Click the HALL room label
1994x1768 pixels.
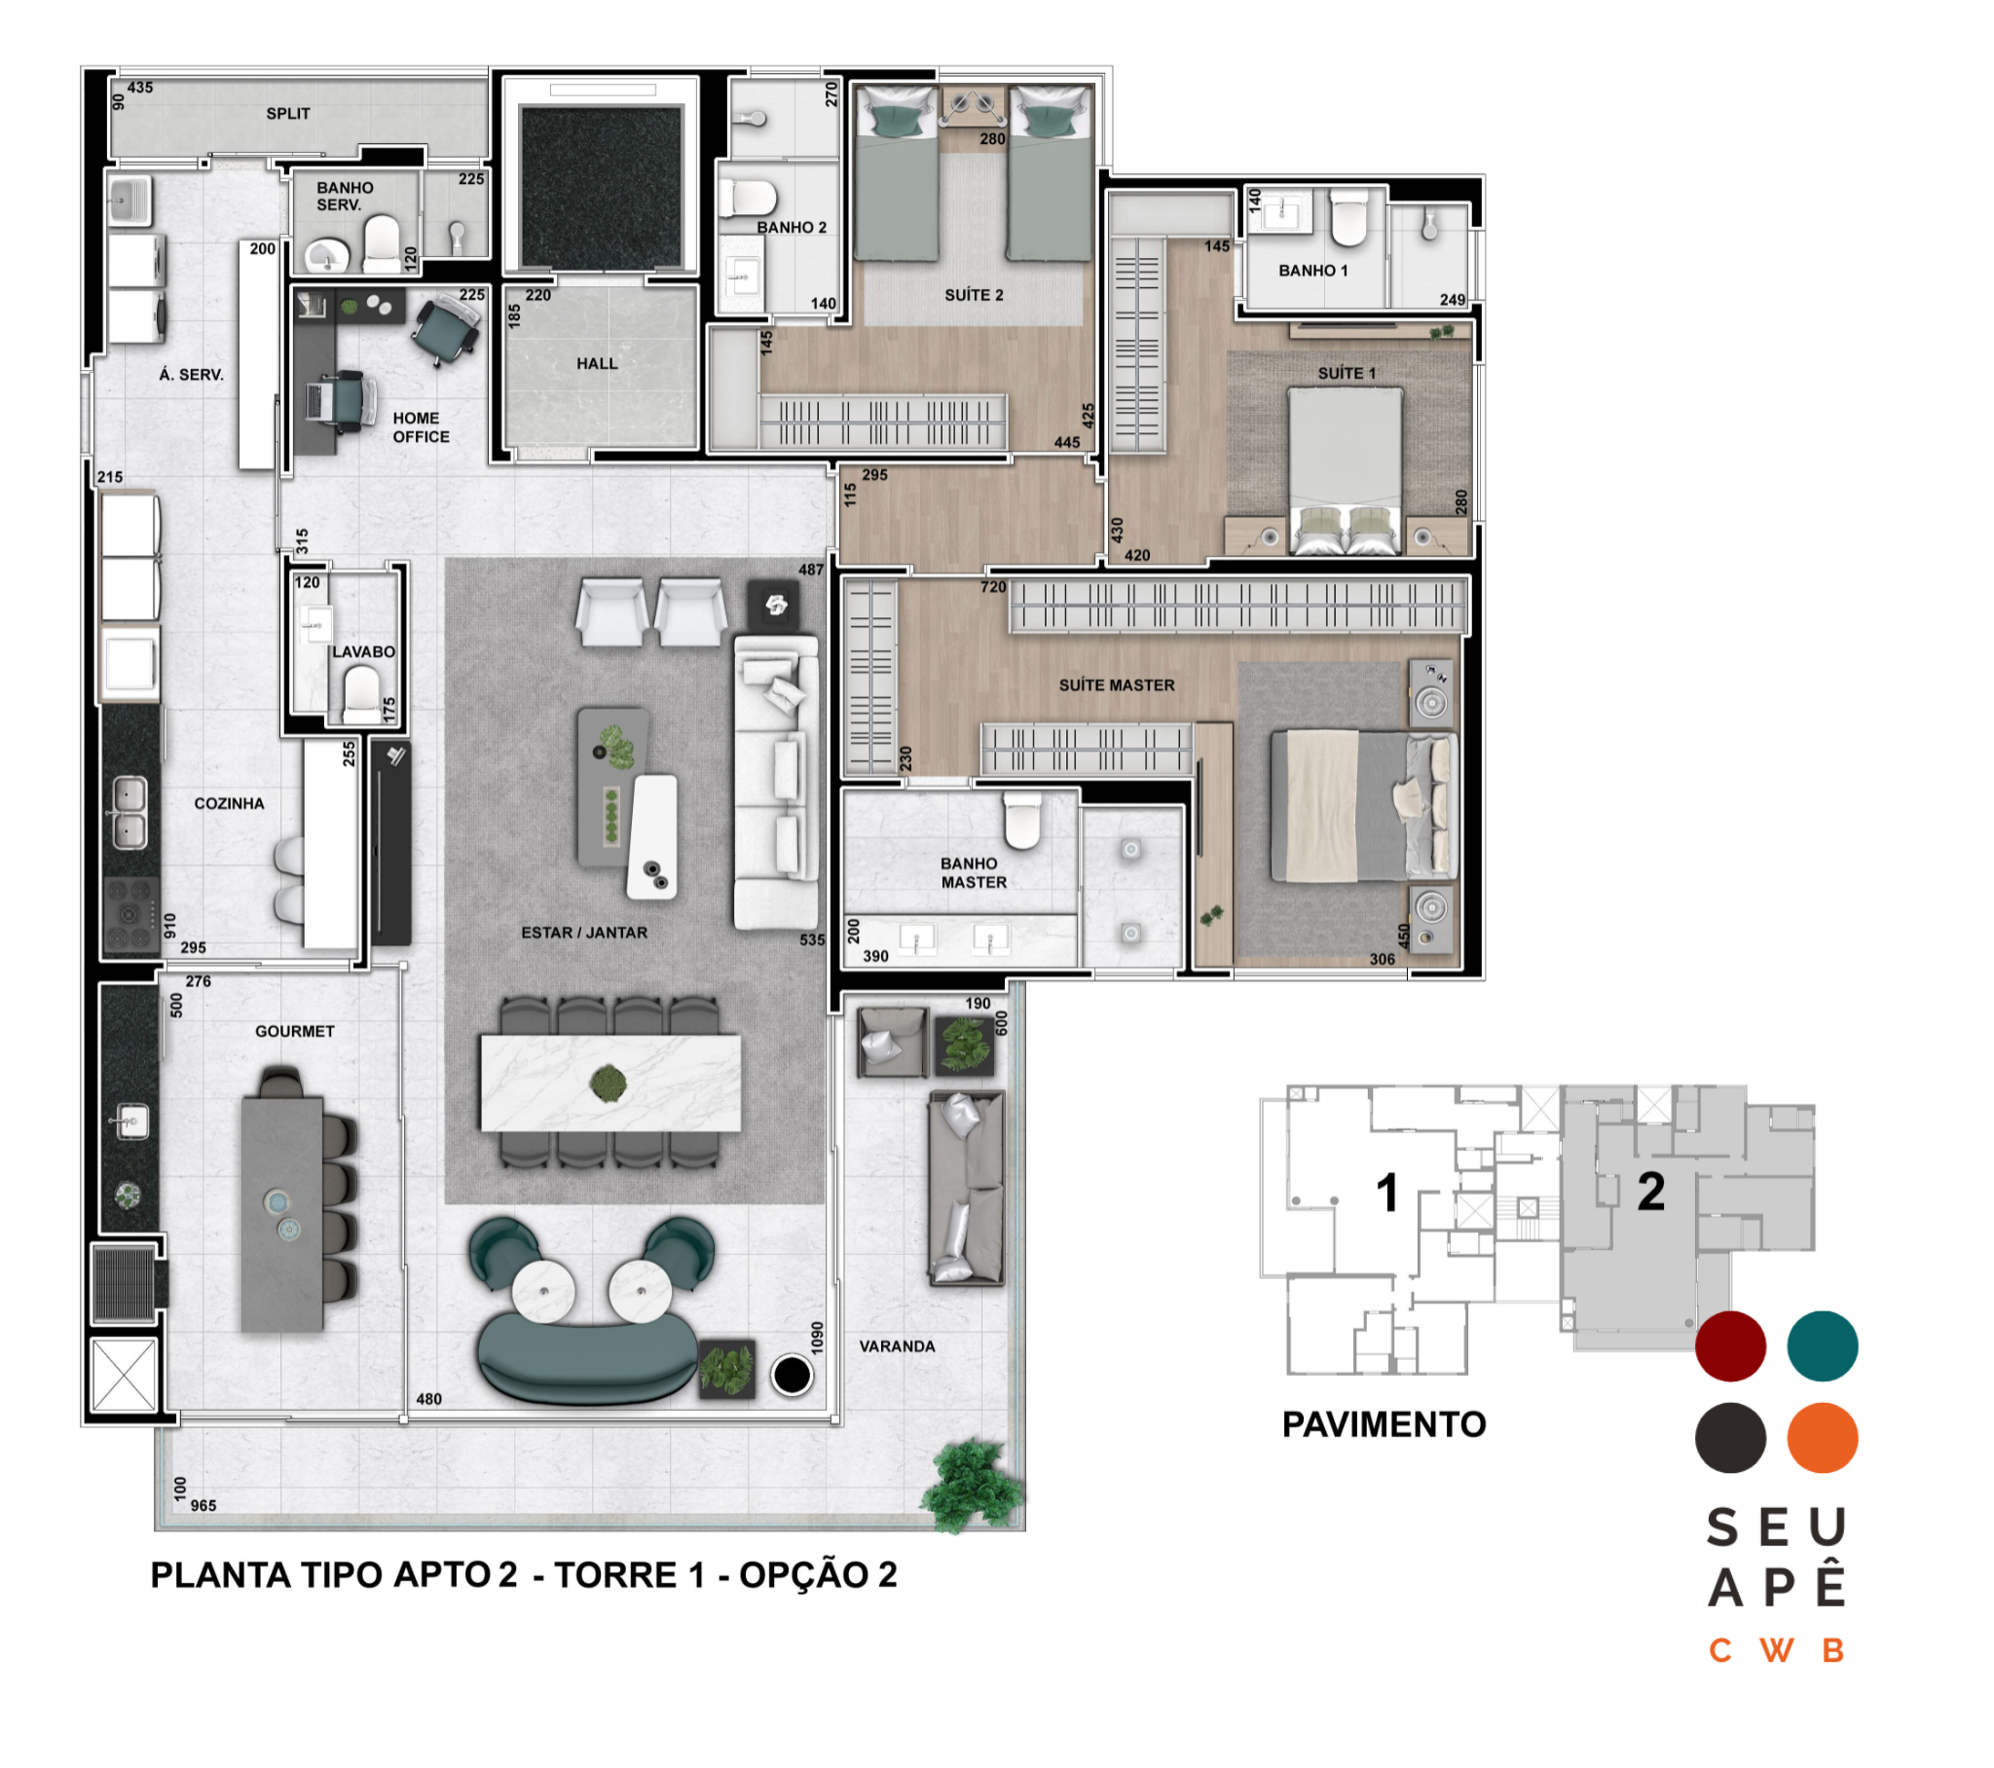click(x=596, y=364)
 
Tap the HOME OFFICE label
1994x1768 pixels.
click(x=421, y=427)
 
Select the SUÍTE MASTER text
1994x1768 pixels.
click(x=1117, y=685)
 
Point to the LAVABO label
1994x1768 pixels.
click(x=363, y=651)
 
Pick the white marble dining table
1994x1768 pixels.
click(x=610, y=1083)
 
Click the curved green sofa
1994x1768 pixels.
click(x=587, y=1355)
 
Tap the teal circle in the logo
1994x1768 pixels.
click(x=1822, y=1345)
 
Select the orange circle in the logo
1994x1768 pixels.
click(x=1822, y=1437)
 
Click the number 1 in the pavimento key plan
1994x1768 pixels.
click(x=1387, y=1193)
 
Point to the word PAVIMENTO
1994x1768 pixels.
click(x=1384, y=1424)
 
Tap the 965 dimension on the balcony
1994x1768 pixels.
click(x=203, y=1505)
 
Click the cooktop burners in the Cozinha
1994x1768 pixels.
click(x=130, y=913)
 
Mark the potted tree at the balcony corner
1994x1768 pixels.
click(x=972, y=1484)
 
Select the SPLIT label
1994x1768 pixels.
click(x=288, y=113)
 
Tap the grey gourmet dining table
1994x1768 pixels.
click(x=282, y=1214)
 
